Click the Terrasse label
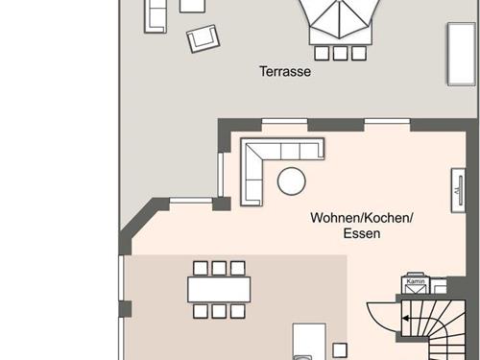pyautogui.click(x=285, y=71)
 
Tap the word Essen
pyautogui.click(x=362, y=233)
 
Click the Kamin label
pyautogui.click(x=416, y=281)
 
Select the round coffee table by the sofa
pyautogui.click(x=291, y=181)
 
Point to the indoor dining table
pyautogui.click(x=219, y=290)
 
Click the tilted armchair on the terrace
pyautogui.click(x=204, y=38)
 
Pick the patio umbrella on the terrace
pyautogui.click(x=340, y=19)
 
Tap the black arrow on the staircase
pyautogui.click(x=405, y=319)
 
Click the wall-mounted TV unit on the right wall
pyautogui.click(x=458, y=190)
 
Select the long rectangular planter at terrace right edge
pyautogui.click(x=462, y=54)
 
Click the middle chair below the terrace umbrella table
pyautogui.click(x=340, y=54)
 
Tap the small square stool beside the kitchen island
pyautogui.click(x=340, y=350)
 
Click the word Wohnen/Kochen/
pyautogui.click(x=362, y=218)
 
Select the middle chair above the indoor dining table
pyautogui.click(x=219, y=268)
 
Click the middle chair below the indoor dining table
pyautogui.click(x=219, y=311)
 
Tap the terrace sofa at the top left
pyautogui.click(x=156, y=16)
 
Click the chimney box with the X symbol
pyautogui.click(x=416, y=286)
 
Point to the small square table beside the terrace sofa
pyautogui.click(x=192, y=6)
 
